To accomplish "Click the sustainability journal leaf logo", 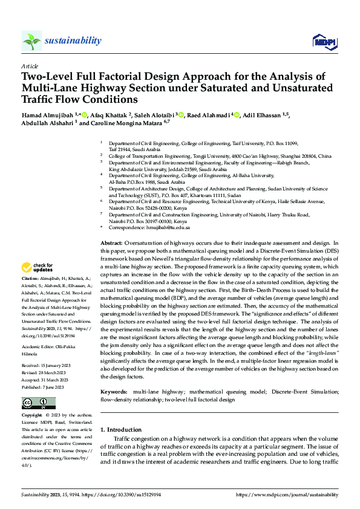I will tap(31, 41).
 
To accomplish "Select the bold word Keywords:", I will tap(114, 392).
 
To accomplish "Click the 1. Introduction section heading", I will tap(120, 430).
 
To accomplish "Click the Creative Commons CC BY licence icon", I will tap(38, 403).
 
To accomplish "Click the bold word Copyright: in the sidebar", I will tap(32, 416).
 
